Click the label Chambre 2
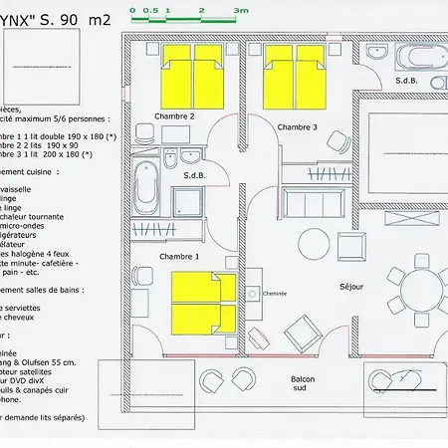[x=174, y=116]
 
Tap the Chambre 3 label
[x=297, y=126]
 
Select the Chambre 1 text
[x=179, y=256]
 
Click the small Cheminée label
[x=275, y=293]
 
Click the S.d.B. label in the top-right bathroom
[x=405, y=80]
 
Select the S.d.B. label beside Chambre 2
[x=195, y=176]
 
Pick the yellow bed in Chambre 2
[x=193, y=75]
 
